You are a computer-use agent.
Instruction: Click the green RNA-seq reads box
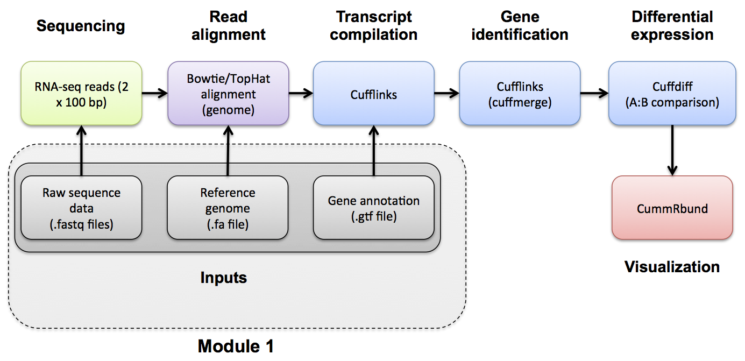point(81,93)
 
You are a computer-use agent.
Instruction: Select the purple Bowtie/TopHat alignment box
point(228,93)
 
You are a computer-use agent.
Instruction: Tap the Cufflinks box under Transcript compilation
point(373,93)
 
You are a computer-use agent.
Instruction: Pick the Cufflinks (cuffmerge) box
point(520,93)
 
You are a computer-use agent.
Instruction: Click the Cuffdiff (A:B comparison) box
point(672,93)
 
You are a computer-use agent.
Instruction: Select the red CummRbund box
point(672,208)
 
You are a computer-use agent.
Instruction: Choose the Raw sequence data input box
point(81,208)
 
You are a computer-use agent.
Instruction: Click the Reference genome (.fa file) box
point(228,208)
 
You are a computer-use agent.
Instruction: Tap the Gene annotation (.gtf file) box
point(373,208)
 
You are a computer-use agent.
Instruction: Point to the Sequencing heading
point(81,26)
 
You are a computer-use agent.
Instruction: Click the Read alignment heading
point(229,26)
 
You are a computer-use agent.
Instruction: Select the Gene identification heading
point(520,26)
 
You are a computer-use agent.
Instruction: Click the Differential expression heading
point(672,26)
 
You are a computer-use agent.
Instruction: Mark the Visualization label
point(672,266)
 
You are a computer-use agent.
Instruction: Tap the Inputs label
point(223,278)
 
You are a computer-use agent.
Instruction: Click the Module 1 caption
point(236,345)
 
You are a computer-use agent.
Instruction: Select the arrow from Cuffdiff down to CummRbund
point(672,150)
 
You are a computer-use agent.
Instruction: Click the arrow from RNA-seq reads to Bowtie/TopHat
point(155,94)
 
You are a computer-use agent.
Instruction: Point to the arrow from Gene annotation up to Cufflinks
point(373,150)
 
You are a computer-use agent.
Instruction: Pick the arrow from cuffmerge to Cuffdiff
point(594,94)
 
